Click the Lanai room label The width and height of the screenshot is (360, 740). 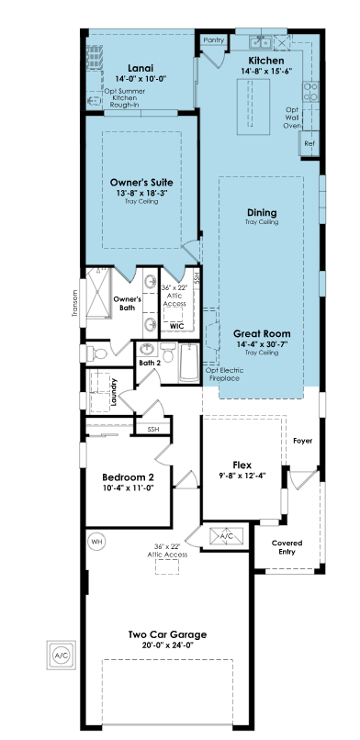point(141,69)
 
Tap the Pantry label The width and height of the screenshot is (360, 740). point(214,40)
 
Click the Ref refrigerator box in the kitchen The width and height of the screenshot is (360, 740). point(309,143)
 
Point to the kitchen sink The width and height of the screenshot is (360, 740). point(261,42)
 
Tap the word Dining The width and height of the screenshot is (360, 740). point(262,213)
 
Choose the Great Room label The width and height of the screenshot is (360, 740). point(262,334)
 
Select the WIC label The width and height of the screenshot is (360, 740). point(177,326)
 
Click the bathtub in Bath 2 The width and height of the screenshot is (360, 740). point(189,363)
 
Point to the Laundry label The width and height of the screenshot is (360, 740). point(113,392)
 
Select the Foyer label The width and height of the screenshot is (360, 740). point(302,441)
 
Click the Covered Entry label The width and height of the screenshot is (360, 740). point(287,547)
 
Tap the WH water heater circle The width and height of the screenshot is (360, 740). point(96,541)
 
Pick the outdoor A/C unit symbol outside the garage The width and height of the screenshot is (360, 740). point(61,655)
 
